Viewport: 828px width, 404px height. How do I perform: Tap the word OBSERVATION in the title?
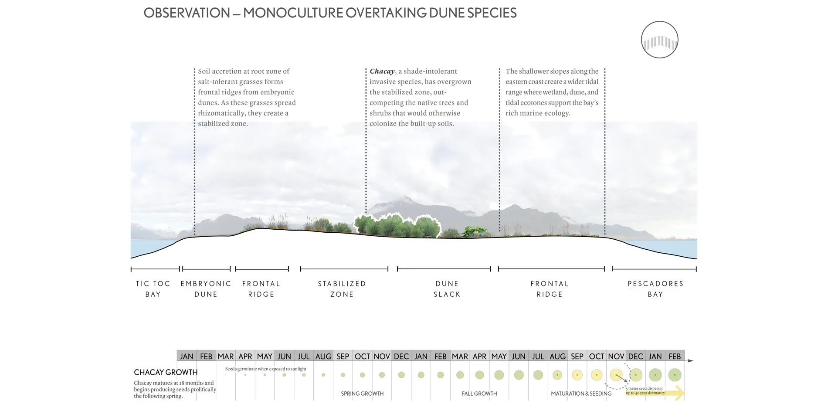(187, 13)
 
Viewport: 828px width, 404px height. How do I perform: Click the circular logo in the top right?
(659, 40)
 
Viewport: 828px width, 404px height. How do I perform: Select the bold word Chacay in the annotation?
(382, 71)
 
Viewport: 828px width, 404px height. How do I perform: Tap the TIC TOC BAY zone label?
(153, 289)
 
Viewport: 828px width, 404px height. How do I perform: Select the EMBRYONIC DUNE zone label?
(206, 289)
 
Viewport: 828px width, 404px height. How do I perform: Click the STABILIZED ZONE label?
(342, 289)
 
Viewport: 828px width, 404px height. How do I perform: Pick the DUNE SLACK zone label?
(447, 289)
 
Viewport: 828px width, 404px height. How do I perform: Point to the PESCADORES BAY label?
(655, 289)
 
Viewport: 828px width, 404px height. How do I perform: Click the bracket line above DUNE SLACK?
(444, 269)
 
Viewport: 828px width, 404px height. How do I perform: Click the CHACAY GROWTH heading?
(166, 372)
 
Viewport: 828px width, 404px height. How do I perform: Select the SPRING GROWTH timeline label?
(362, 394)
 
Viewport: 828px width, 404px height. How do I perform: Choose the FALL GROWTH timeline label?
(479, 394)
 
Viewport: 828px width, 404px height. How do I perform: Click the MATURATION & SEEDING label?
(581, 394)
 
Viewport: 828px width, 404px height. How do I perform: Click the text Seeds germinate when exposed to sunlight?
(265, 369)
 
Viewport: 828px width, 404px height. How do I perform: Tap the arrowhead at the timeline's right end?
(690, 361)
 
